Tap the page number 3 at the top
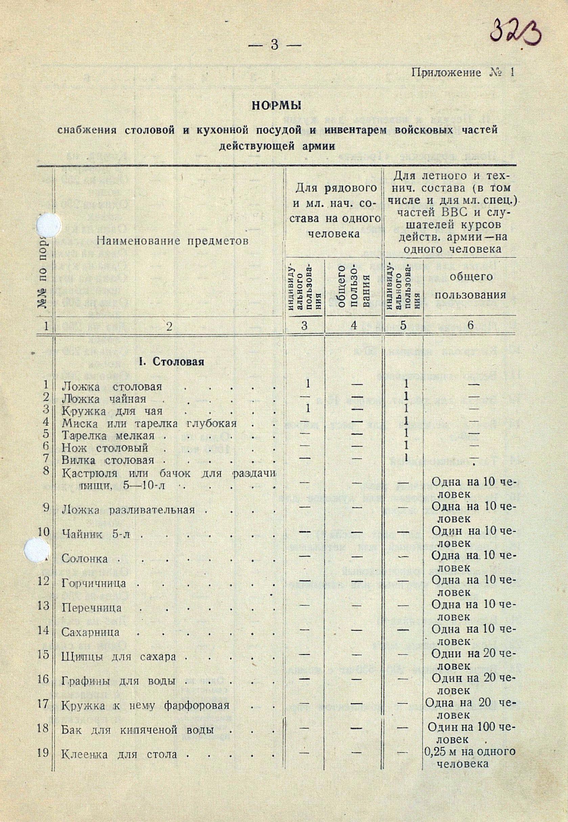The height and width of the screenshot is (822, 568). coord(274,46)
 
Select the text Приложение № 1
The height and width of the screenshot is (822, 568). coord(463,73)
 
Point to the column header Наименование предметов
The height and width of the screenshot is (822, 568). coord(172,242)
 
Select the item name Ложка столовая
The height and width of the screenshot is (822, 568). coord(112,387)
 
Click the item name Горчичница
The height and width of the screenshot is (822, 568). coord(94,584)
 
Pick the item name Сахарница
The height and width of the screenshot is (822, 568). coord(90,633)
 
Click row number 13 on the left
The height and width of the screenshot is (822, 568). coord(43,606)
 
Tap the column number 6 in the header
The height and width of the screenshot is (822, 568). coord(470,326)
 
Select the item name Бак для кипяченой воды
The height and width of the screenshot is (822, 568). coord(137,720)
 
